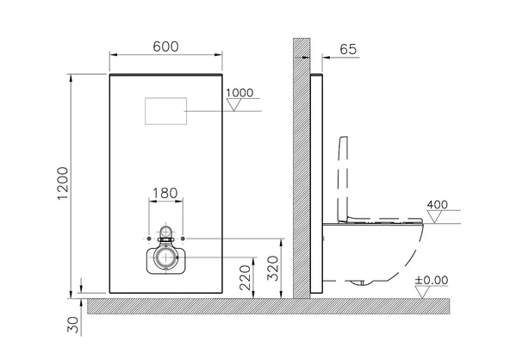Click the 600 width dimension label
click(x=165, y=47)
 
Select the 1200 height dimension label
click(x=63, y=183)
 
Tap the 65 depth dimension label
click(x=348, y=49)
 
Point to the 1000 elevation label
click(x=239, y=93)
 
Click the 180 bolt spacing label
click(x=165, y=193)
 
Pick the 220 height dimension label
click(x=246, y=277)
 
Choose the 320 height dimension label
click(x=273, y=268)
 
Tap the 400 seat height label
click(x=437, y=205)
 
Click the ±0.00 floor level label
click(x=432, y=280)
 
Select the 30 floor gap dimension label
click(x=73, y=325)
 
